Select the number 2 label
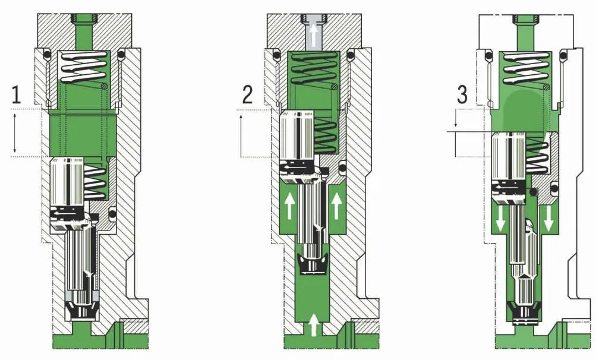(247, 94)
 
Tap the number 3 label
(462, 94)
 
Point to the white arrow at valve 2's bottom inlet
(314, 325)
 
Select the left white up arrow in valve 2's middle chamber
(289, 206)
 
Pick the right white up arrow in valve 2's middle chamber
(336, 206)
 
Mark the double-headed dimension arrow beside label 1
(15, 132)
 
